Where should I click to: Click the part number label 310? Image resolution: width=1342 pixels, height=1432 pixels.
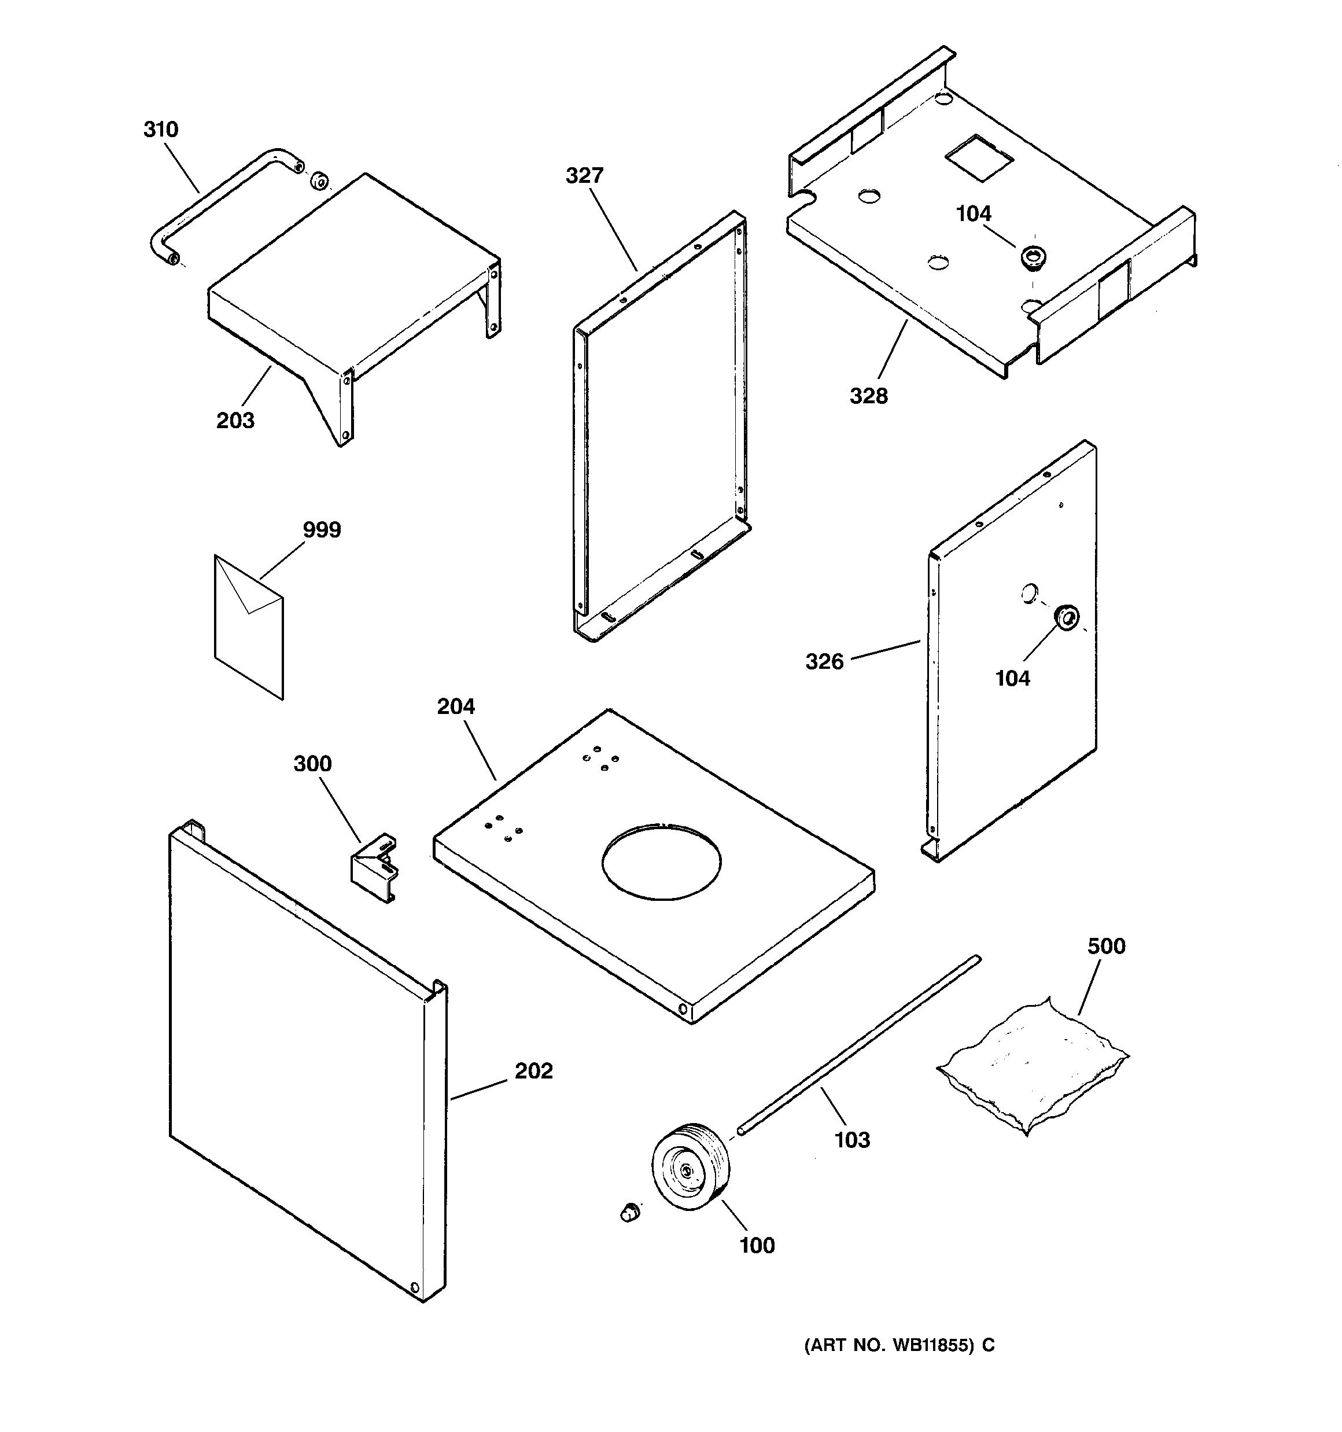pos(161,130)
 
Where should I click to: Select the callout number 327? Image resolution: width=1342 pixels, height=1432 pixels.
pos(584,176)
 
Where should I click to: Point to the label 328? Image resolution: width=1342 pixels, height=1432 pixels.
pos(869,395)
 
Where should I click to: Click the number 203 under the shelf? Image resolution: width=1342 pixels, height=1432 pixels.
pos(235,420)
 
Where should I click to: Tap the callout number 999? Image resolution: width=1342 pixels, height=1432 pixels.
pos(321,530)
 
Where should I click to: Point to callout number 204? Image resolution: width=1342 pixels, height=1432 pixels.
pos(456,706)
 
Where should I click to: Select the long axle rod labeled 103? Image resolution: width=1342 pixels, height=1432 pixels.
pos(857,1045)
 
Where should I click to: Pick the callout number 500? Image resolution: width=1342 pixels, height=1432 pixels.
pos(1106,946)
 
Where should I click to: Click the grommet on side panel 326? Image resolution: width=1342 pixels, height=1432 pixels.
pos(1067,617)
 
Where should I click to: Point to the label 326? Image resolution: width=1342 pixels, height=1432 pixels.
pos(824,661)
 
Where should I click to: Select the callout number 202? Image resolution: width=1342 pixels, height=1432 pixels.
pos(533,1071)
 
